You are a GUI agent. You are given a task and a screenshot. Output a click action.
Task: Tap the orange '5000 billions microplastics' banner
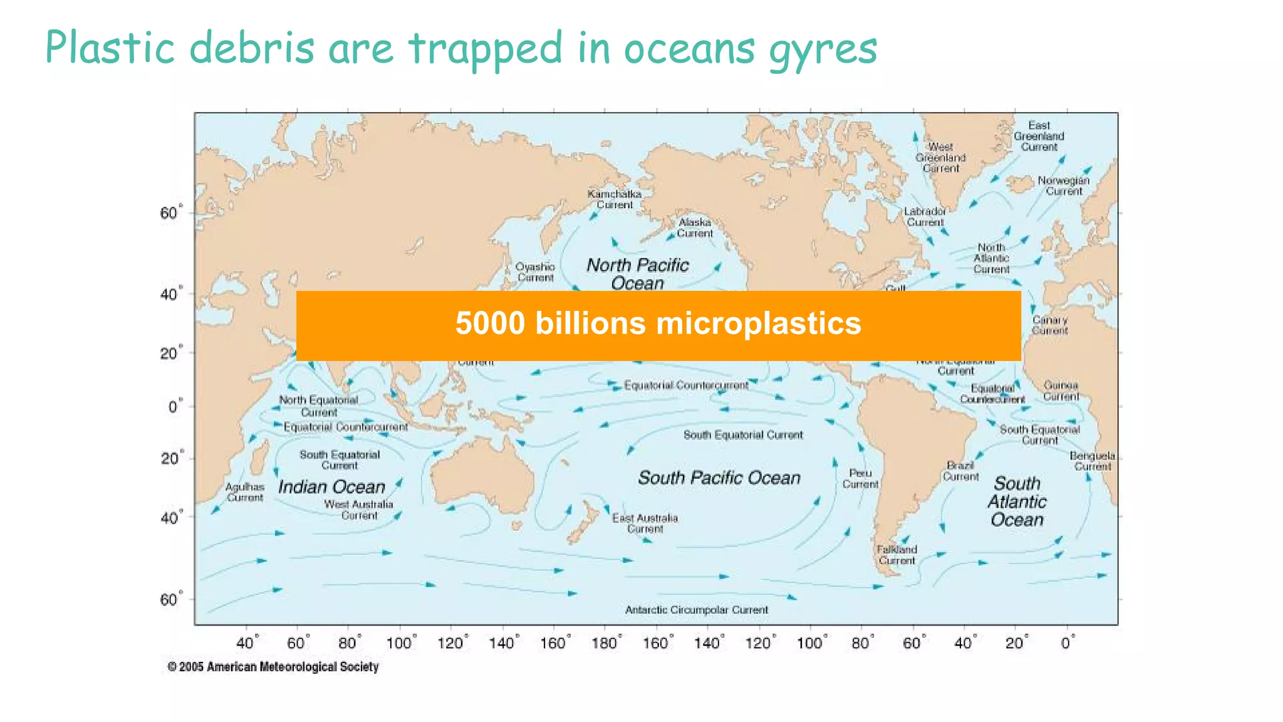658,325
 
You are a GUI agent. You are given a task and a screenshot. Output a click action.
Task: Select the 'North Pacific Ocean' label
637,274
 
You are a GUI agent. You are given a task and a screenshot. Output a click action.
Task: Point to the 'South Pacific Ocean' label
719,478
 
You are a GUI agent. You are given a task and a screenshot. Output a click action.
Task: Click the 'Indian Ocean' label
331,487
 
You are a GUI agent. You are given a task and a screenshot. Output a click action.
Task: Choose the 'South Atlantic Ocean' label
1017,501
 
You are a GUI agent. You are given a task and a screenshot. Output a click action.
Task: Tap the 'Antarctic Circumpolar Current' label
696,610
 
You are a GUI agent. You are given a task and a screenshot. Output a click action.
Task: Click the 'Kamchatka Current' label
615,199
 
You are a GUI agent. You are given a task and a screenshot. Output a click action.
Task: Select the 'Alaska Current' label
695,228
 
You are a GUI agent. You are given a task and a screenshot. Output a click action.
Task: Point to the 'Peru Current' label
860,479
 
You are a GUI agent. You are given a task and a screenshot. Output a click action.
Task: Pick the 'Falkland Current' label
896,555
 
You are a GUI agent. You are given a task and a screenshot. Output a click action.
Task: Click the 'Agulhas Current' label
245,492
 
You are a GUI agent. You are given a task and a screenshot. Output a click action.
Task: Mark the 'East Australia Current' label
645,523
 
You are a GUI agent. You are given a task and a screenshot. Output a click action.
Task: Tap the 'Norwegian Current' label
1063,186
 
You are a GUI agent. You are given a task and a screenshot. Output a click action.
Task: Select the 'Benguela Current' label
1093,461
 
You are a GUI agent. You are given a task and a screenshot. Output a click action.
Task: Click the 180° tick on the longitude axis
606,643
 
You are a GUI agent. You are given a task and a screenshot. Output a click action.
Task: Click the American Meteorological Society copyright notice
273,667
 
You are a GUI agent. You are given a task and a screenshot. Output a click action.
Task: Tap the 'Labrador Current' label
925,217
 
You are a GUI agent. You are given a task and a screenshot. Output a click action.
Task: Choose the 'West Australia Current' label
359,510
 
